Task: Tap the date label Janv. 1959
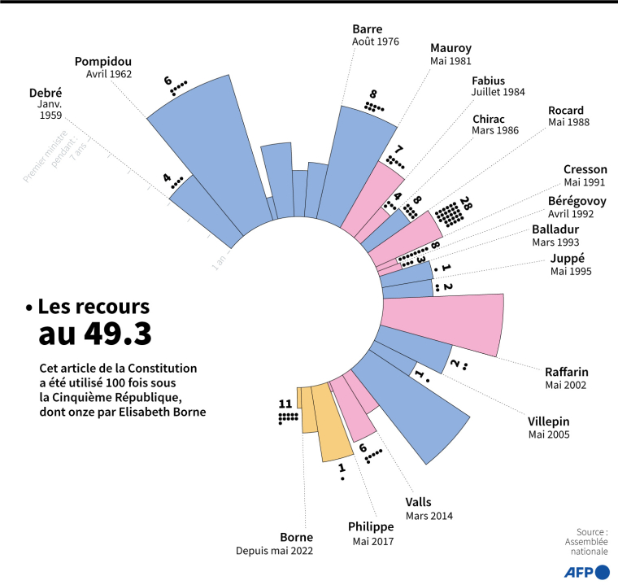click(x=50, y=110)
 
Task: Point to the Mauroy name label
click(x=450, y=47)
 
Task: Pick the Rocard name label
click(x=566, y=110)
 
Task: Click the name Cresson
click(x=585, y=168)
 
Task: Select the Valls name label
click(x=418, y=502)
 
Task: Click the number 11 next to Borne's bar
click(x=285, y=404)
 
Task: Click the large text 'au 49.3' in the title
click(x=95, y=333)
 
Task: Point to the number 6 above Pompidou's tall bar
click(x=168, y=81)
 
